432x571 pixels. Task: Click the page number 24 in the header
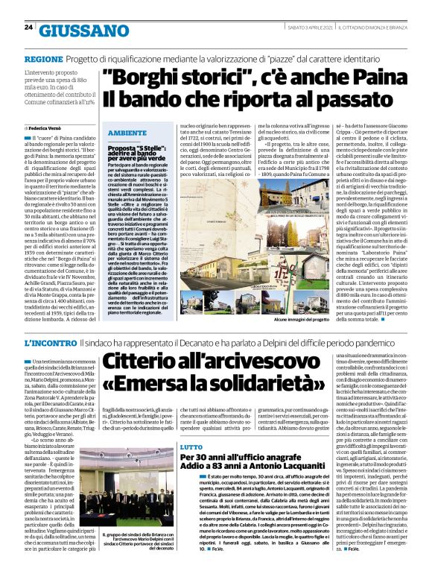[28, 28]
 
